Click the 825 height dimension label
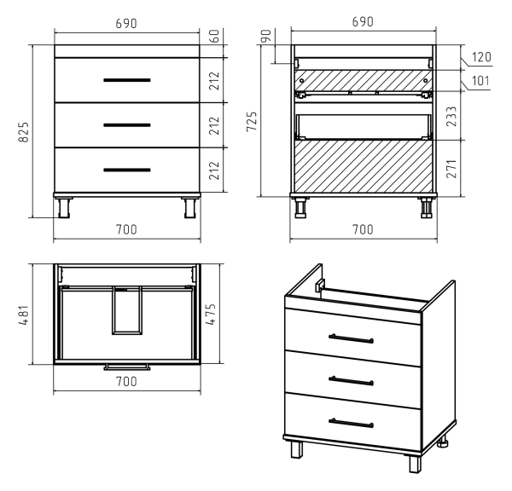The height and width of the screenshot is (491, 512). click(x=24, y=132)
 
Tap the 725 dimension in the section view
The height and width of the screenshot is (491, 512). click(x=252, y=121)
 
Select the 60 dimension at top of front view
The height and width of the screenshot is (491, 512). click(x=214, y=36)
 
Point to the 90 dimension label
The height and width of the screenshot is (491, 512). click(x=266, y=36)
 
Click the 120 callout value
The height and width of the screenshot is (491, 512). click(x=481, y=57)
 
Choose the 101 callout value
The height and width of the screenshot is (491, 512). click(x=480, y=81)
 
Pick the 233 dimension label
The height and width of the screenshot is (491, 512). click(x=451, y=116)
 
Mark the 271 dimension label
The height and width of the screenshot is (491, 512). click(x=451, y=168)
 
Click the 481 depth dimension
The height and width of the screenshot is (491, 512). click(x=24, y=315)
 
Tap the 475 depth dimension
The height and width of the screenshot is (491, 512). click(x=211, y=315)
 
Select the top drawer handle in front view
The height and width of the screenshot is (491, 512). click(x=127, y=80)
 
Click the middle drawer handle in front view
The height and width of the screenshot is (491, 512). click(x=127, y=125)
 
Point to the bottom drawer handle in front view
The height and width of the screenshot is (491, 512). click(x=127, y=170)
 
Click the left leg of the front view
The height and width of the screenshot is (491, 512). click(x=64, y=207)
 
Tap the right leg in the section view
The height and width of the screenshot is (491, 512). click(x=426, y=207)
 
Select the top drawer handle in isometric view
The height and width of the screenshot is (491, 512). click(x=352, y=338)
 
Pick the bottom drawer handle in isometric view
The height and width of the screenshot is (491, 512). click(x=351, y=423)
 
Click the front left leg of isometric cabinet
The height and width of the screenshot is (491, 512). click(x=296, y=449)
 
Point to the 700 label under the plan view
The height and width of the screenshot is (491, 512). click(x=126, y=381)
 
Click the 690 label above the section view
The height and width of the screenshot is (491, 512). click(x=363, y=22)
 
